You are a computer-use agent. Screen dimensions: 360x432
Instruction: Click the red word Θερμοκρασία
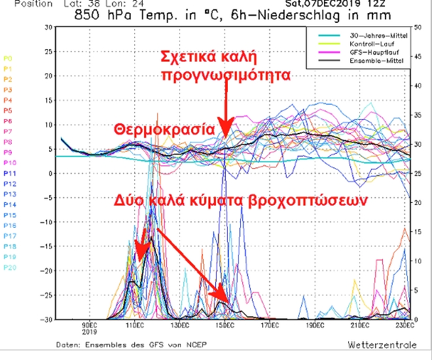(x=164, y=128)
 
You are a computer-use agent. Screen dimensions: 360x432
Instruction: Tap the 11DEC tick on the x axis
(x=134, y=325)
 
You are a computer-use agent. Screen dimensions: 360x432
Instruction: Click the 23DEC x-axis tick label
(x=404, y=325)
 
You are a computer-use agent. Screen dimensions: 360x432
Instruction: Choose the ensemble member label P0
(x=8, y=58)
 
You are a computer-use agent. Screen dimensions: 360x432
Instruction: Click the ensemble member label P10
(x=9, y=163)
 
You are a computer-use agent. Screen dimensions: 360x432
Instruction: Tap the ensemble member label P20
(x=9, y=268)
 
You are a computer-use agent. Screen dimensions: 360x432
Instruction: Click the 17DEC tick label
(x=269, y=325)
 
